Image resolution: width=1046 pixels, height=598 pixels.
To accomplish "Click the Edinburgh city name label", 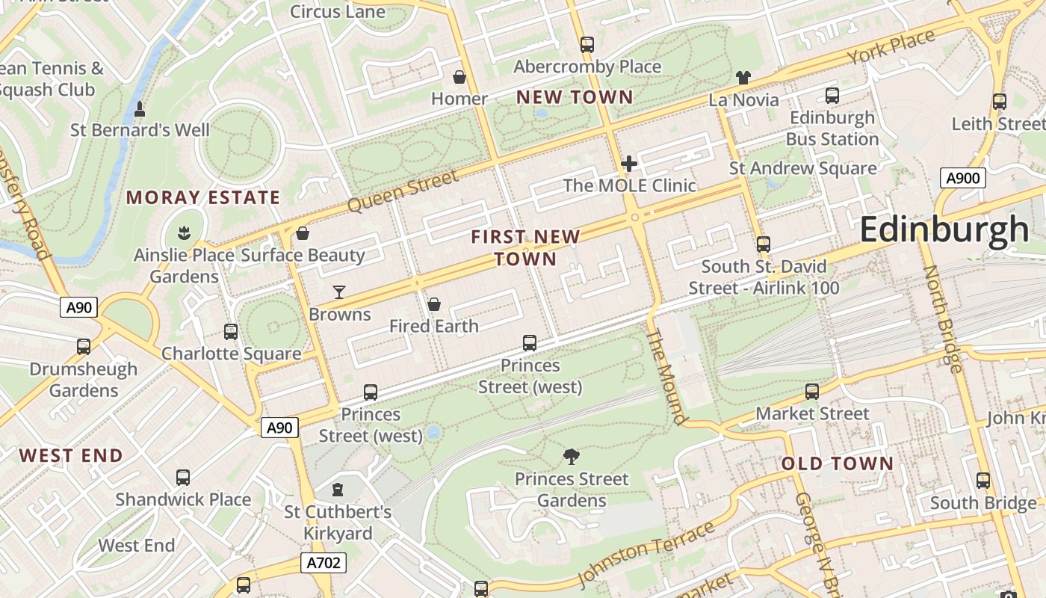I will click(x=944, y=229).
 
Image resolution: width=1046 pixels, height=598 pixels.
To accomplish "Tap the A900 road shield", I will click(x=962, y=178).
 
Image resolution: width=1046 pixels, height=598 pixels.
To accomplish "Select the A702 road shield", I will click(x=324, y=563).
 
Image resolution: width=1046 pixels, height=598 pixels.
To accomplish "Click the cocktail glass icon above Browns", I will click(x=339, y=292).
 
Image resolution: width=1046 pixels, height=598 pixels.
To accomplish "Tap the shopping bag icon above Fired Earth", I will click(x=433, y=304).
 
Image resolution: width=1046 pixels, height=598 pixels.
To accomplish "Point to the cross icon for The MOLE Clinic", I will click(x=629, y=163).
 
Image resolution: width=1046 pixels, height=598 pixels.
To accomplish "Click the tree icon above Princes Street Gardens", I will click(x=572, y=456).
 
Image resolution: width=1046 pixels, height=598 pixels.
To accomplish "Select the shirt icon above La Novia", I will click(x=743, y=77).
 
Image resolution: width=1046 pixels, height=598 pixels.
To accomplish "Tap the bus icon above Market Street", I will click(x=812, y=391).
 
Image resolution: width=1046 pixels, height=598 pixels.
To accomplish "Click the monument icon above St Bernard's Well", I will click(x=140, y=109).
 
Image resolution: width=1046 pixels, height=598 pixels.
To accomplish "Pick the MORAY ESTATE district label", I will click(x=203, y=197).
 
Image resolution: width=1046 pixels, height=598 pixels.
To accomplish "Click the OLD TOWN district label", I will click(x=838, y=463).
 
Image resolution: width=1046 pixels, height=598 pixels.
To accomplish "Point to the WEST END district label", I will click(x=71, y=455).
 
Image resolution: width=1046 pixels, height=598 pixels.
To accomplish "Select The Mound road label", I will click(x=665, y=377).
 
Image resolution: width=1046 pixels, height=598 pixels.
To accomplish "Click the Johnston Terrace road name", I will click(x=646, y=554).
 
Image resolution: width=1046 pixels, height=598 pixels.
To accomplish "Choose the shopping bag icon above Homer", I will click(x=459, y=77).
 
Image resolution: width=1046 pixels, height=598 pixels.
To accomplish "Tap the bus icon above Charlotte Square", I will click(x=231, y=331).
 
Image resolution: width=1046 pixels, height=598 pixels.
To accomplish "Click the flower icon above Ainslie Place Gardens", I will click(x=184, y=233).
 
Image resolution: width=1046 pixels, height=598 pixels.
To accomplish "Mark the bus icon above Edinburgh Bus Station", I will click(x=832, y=96).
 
